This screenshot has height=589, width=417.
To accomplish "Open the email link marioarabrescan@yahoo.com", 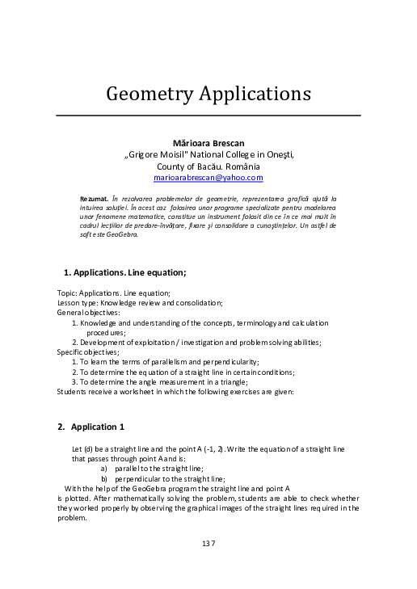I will click(x=208, y=177).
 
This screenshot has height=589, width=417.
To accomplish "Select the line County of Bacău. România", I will click(x=208, y=166).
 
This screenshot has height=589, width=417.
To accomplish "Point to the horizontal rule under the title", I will click(x=208, y=116).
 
